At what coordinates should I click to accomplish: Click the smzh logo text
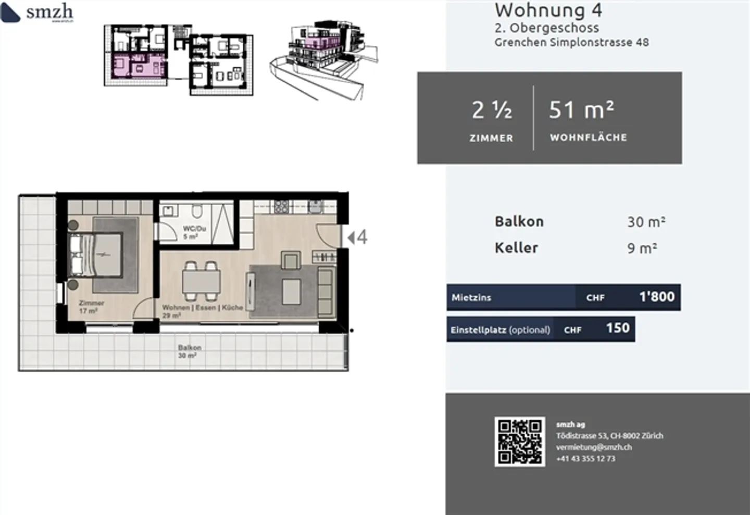pyautogui.click(x=49, y=11)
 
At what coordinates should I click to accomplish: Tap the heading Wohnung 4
pyautogui.click(x=548, y=10)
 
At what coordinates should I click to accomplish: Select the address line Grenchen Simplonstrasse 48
pyautogui.click(x=571, y=42)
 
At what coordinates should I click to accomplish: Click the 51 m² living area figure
pyautogui.click(x=581, y=110)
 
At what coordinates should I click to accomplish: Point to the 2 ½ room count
pyautogui.click(x=491, y=110)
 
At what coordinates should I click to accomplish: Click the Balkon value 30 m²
pyautogui.click(x=646, y=222)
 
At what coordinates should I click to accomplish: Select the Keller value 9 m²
pyautogui.click(x=642, y=248)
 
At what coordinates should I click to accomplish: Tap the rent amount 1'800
pyautogui.click(x=656, y=297)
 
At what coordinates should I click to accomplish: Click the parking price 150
pyautogui.click(x=618, y=328)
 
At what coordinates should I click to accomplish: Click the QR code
pyautogui.click(x=519, y=442)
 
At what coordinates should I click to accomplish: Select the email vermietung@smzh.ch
pyautogui.click(x=594, y=447)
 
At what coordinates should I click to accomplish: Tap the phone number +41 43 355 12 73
pyautogui.click(x=585, y=459)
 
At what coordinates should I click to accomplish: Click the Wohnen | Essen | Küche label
pyautogui.click(x=202, y=308)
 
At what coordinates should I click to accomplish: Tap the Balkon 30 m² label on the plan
pyautogui.click(x=189, y=351)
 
